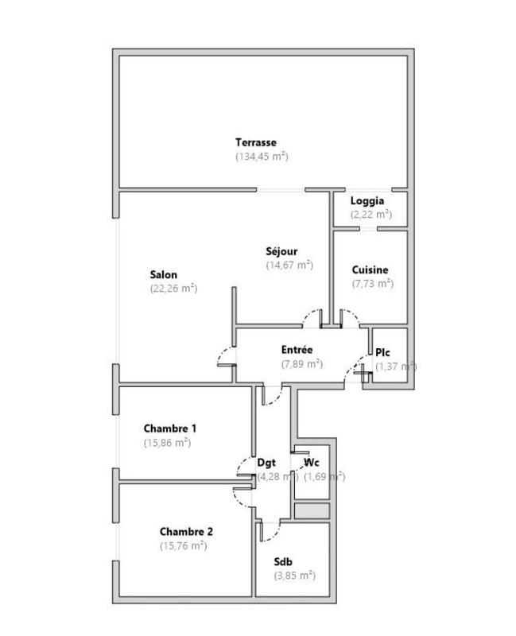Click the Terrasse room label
point(255,142)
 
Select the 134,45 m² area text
point(262,157)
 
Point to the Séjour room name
point(281,252)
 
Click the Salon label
point(164,275)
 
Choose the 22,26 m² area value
point(173,289)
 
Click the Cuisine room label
point(371,270)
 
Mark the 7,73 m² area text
point(373,283)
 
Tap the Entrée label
point(297,350)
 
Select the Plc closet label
point(383,352)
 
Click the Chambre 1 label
point(170,429)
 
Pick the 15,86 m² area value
point(167,443)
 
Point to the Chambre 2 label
point(186,532)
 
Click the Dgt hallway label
point(266,463)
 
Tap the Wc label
point(312,463)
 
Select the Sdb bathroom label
point(284,561)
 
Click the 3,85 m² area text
point(294,575)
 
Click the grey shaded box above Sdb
point(312,511)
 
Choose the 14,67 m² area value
point(289,266)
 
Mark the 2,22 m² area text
point(371,215)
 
